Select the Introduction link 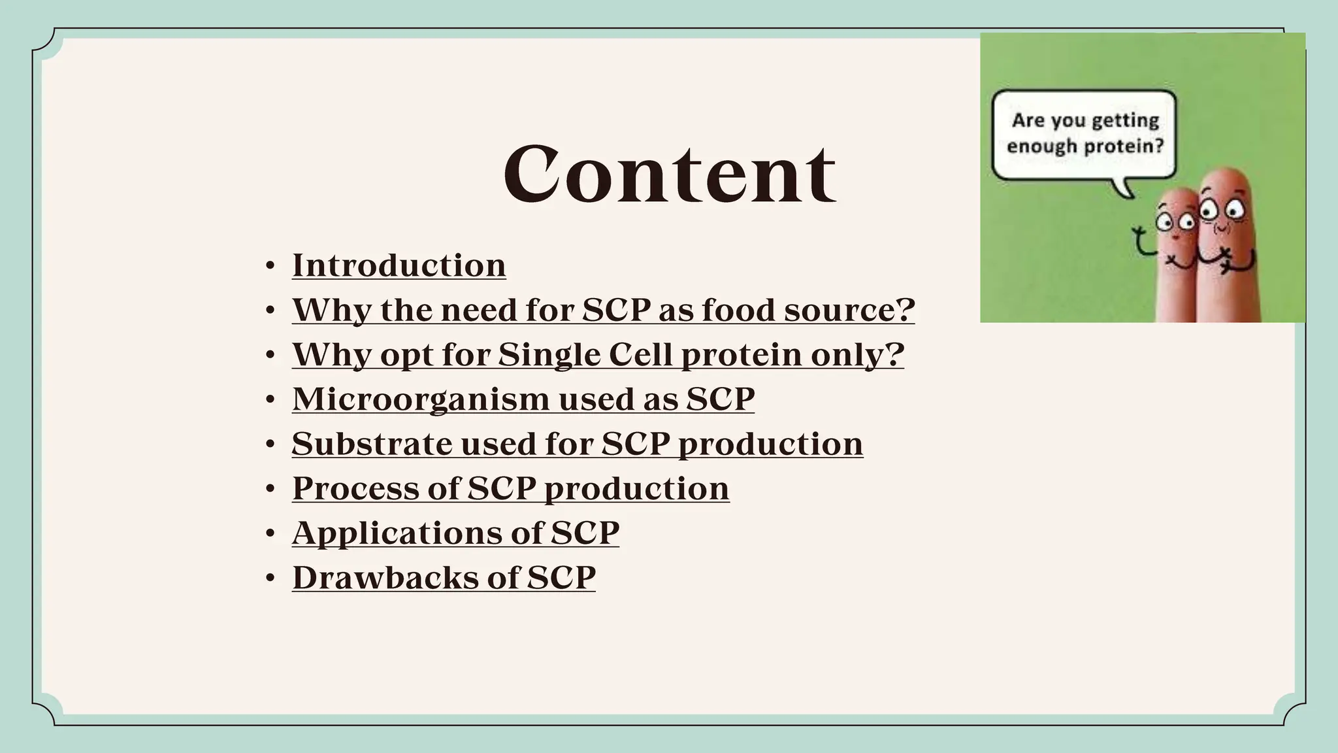click(x=399, y=265)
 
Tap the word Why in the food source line click(x=331, y=310)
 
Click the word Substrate click(x=371, y=444)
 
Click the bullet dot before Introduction click(x=270, y=267)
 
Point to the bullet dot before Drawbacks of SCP click(x=270, y=579)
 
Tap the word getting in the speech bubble click(x=1125, y=121)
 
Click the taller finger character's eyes click(x=1222, y=210)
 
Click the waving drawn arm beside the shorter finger click(x=1142, y=241)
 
